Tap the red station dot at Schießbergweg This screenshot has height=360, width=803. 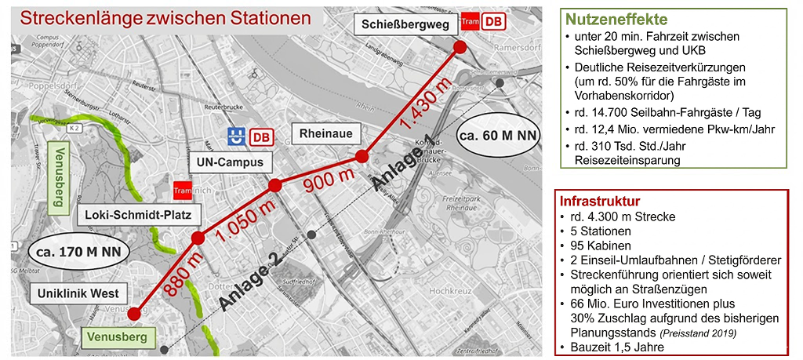click(x=460, y=47)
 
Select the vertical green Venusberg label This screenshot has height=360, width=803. click(x=57, y=176)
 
